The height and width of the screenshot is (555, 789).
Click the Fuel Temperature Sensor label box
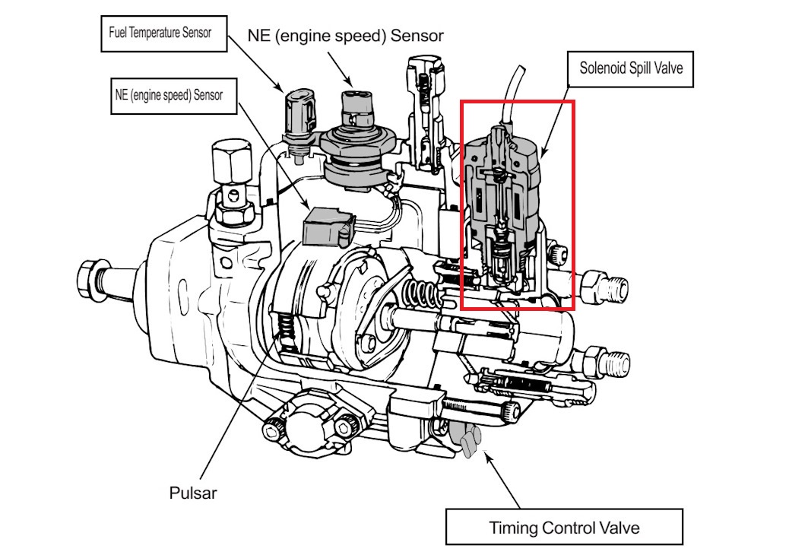tap(163, 33)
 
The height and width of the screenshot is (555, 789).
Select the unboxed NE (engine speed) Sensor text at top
tap(345, 36)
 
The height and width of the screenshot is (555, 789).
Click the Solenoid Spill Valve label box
tap(631, 68)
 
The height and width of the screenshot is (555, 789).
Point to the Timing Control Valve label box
tap(563, 527)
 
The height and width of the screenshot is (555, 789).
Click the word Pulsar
tap(193, 493)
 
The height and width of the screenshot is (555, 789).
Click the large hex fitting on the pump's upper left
tap(227, 162)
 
